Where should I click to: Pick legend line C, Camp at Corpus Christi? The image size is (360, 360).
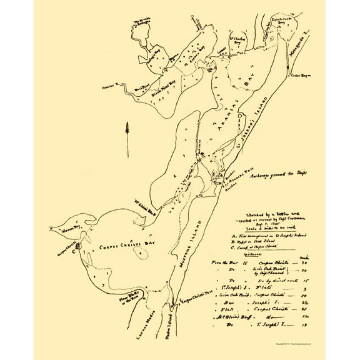point(249,239)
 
